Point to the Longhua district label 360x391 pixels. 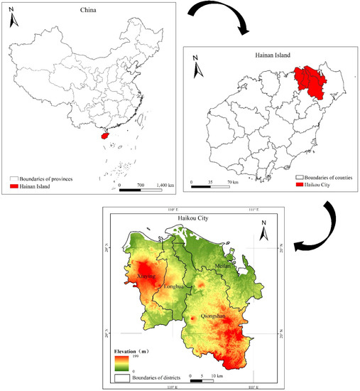tap(175, 287)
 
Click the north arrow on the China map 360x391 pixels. tap(14, 21)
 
